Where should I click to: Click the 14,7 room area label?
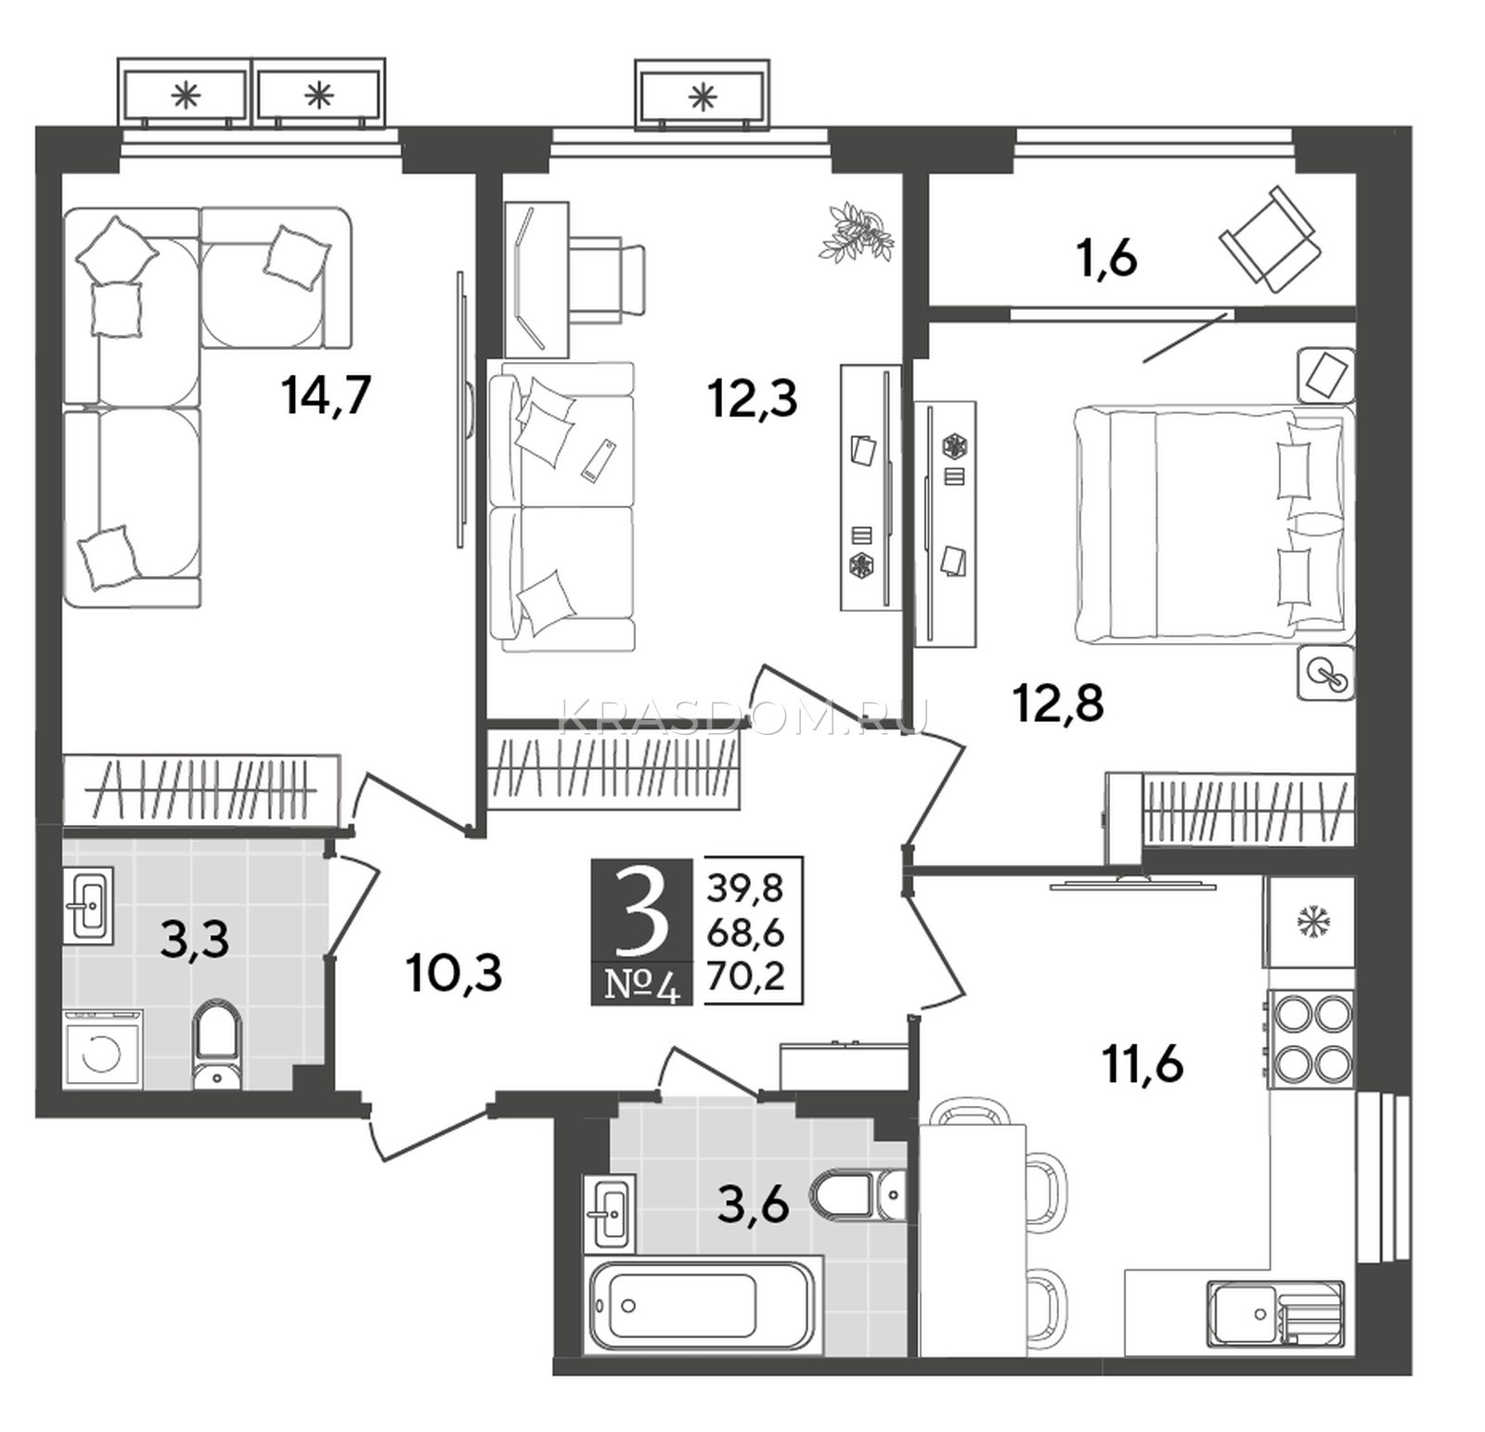pos(327,396)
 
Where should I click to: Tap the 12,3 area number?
pos(752,401)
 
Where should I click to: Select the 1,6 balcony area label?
pos(1107,259)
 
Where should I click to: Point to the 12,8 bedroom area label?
pos(1058,703)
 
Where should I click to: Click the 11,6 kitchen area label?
pos(1143,1064)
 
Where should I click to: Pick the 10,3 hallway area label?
pos(454,974)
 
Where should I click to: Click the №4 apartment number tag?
pos(642,985)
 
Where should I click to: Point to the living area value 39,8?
pos(745,889)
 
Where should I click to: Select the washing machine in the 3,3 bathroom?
pos(103,1050)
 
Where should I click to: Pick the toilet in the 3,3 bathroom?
pos(217,1045)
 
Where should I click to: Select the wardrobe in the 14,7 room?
pos(201,789)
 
